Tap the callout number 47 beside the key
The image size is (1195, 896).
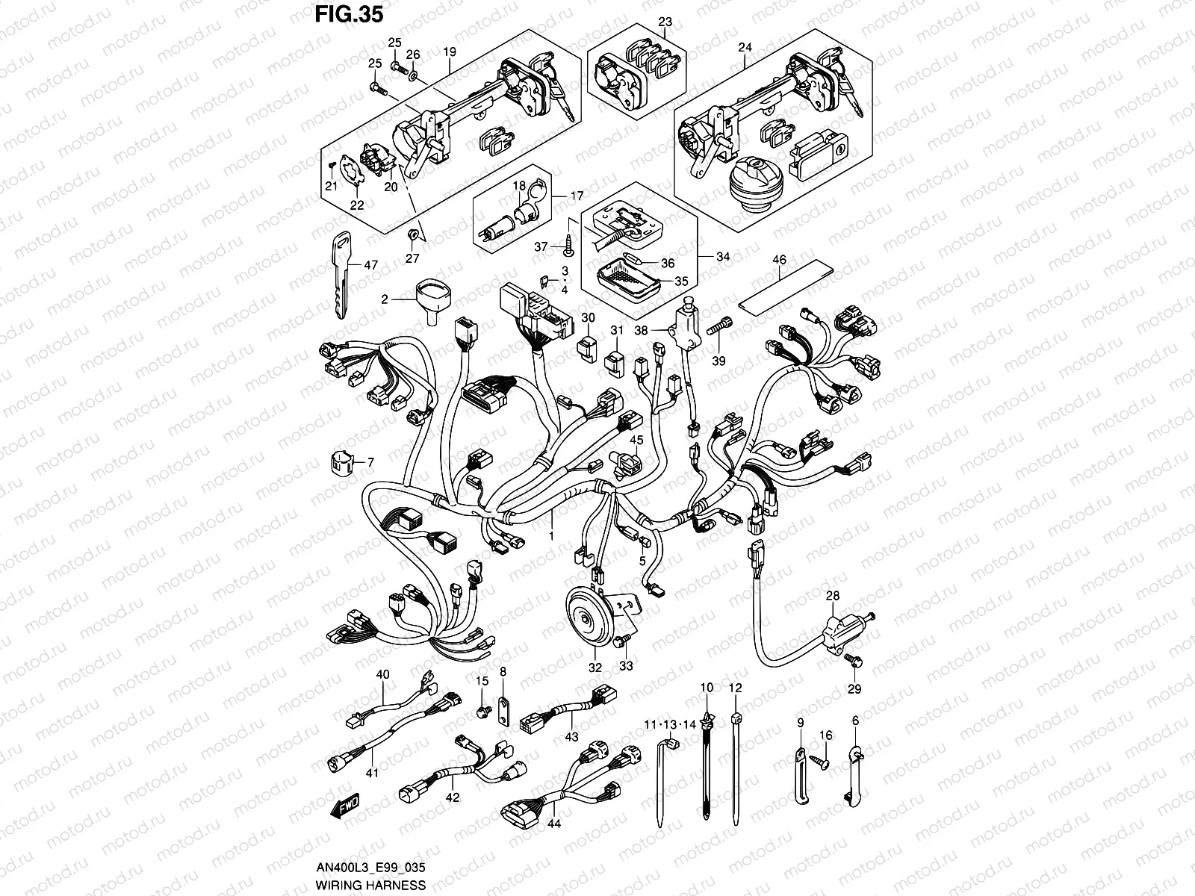click(x=370, y=264)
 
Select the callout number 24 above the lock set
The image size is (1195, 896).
click(x=745, y=46)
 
